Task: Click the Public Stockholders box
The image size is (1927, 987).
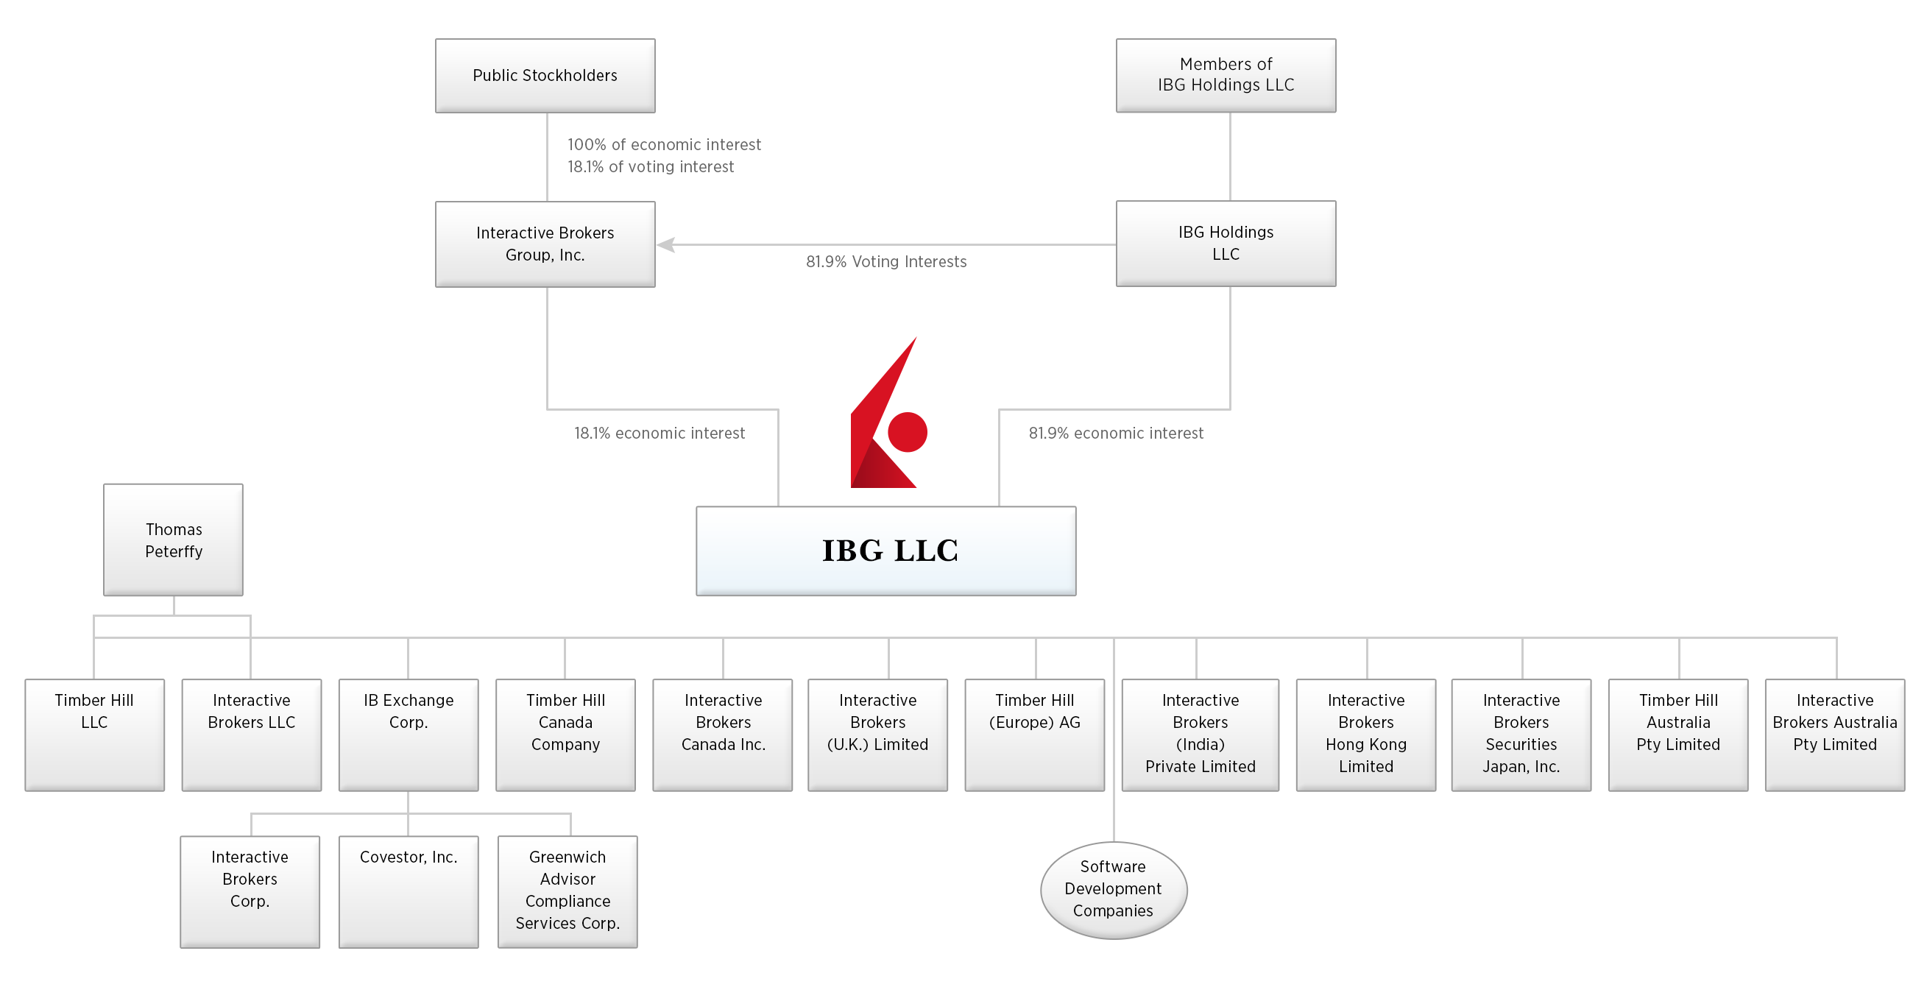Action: (x=545, y=76)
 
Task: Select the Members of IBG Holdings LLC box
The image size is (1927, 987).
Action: (x=1226, y=76)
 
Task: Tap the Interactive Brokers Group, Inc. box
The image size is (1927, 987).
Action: (x=545, y=244)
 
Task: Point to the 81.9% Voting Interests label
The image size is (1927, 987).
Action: (x=885, y=262)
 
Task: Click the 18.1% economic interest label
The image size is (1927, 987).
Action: (x=659, y=434)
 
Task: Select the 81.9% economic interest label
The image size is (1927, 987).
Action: (x=1115, y=434)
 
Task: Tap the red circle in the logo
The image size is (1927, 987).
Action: (x=908, y=432)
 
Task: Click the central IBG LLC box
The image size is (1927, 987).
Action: (x=885, y=551)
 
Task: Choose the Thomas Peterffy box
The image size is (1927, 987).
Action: (x=174, y=540)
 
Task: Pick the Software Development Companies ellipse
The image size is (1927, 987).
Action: (x=1113, y=890)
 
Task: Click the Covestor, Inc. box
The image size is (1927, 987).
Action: (x=409, y=891)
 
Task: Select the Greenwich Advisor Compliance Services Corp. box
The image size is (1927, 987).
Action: (x=568, y=891)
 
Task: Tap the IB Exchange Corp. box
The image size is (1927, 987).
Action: (x=409, y=735)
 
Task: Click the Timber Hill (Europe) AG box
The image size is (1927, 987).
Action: (x=1035, y=735)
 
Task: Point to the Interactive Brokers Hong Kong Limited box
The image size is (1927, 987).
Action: (x=1366, y=735)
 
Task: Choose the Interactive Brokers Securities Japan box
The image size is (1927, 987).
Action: (x=1521, y=735)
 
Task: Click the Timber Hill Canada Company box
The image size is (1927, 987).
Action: (x=565, y=735)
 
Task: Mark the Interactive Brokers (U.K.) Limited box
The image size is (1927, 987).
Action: (x=877, y=735)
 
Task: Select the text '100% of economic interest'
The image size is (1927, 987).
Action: (x=663, y=145)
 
